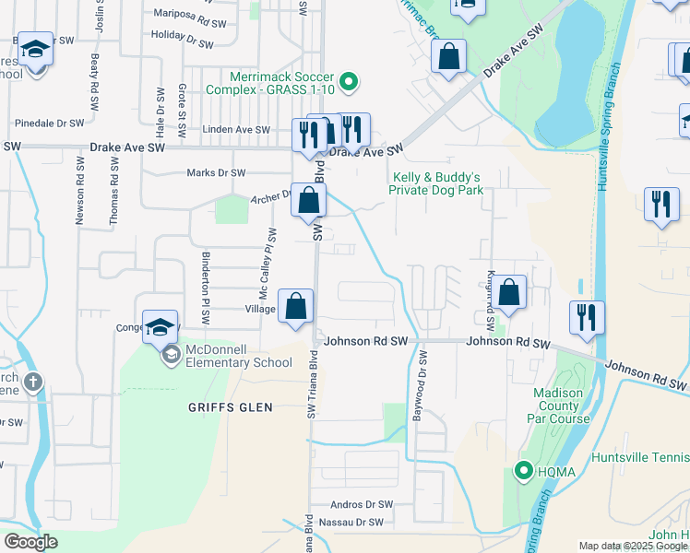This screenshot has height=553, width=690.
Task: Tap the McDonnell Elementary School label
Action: tap(238, 356)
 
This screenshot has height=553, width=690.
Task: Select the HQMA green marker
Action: tap(523, 472)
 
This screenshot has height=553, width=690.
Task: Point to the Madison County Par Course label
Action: tap(558, 406)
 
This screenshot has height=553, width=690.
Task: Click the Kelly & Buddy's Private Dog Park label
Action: tap(437, 184)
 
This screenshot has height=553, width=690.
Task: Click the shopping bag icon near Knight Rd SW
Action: tap(508, 293)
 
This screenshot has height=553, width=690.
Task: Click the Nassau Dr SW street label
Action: tap(350, 523)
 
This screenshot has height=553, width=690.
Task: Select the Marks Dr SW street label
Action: tap(216, 172)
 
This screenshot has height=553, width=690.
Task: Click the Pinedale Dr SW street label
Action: tap(50, 123)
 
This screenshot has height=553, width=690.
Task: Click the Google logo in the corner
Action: tap(30, 542)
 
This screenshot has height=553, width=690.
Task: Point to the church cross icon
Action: tap(33, 382)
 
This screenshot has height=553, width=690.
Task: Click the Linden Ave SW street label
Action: tap(236, 131)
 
